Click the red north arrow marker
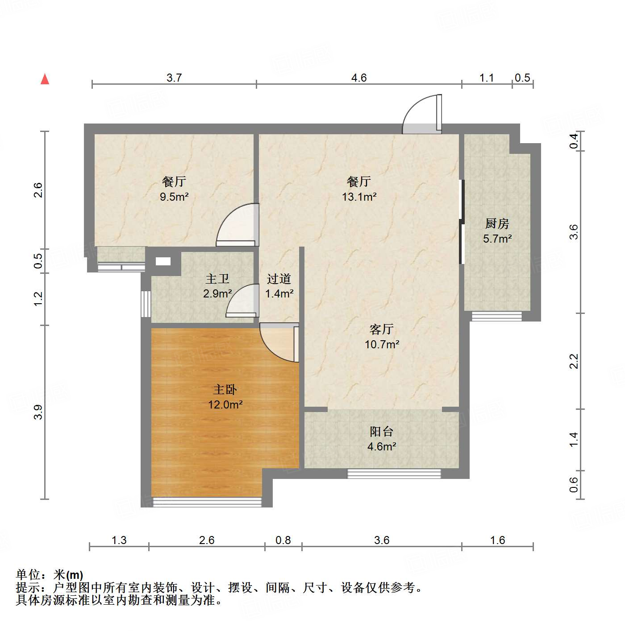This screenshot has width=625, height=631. (45, 79)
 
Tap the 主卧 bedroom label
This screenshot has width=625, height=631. (225, 390)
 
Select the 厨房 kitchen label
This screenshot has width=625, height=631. (497, 223)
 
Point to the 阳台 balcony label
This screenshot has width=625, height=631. (382, 432)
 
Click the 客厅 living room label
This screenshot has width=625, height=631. (382, 330)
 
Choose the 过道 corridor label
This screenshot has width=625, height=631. (279, 279)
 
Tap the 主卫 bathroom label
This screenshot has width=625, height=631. (217, 279)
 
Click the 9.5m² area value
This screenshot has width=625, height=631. (175, 197)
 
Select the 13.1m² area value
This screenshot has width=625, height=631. (359, 197)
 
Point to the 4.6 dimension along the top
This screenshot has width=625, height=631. (359, 78)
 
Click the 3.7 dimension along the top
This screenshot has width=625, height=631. (174, 78)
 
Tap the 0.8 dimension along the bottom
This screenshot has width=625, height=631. (283, 540)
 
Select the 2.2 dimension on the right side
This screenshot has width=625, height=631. (574, 361)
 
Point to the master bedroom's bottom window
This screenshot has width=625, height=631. (207, 502)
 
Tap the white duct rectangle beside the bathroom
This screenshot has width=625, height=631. (163, 262)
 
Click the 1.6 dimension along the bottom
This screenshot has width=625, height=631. (497, 540)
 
